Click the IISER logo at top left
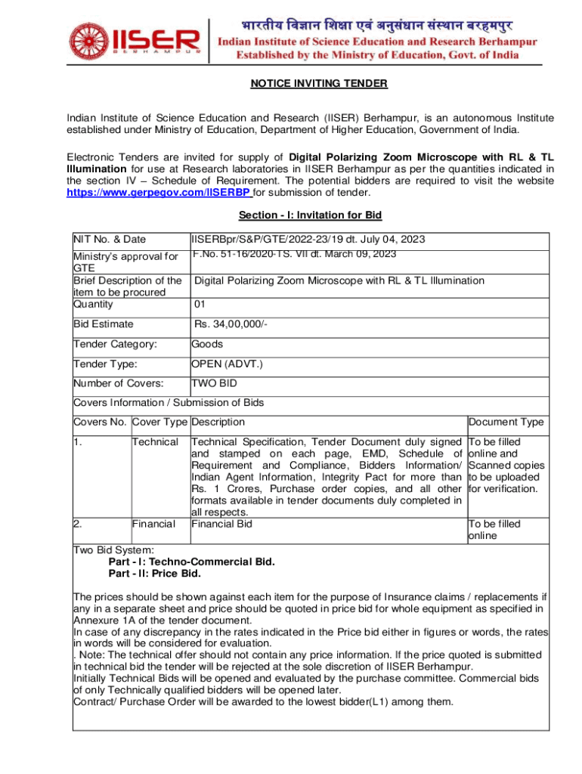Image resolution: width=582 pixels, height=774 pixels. click(x=135, y=42)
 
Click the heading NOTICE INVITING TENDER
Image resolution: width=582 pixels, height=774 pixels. click(x=319, y=83)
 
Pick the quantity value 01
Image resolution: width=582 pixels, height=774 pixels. click(x=200, y=304)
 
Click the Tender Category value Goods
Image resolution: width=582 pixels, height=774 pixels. click(x=206, y=344)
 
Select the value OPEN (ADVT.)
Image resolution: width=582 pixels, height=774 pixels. click(x=227, y=364)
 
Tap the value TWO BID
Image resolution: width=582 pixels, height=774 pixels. click(x=214, y=383)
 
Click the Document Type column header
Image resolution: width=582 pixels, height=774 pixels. click(x=506, y=423)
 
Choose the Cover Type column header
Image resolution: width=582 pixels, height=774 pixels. click(x=160, y=422)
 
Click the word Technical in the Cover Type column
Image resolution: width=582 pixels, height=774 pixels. click(x=155, y=441)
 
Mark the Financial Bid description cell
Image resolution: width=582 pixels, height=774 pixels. click(x=221, y=523)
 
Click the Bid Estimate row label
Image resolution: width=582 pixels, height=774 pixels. click(x=104, y=324)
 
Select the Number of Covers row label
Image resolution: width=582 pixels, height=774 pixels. click(x=118, y=383)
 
